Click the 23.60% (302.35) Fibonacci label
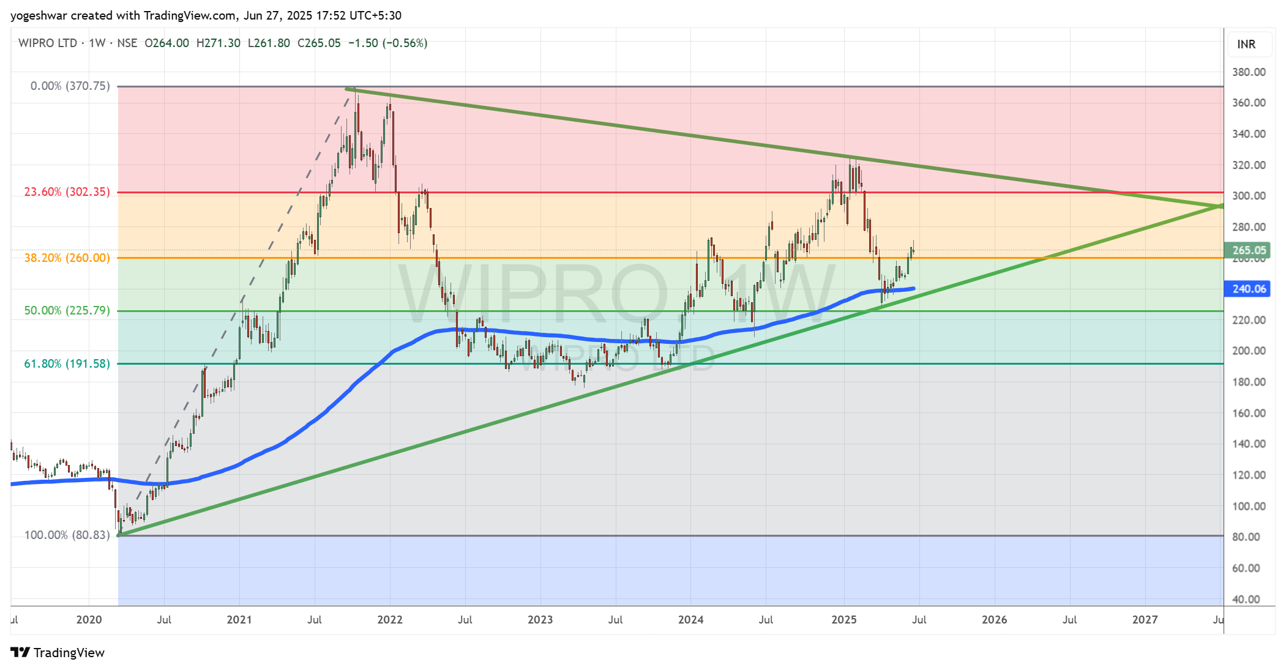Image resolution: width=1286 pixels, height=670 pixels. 67,192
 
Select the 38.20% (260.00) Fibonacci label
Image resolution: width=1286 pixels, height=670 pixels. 67,258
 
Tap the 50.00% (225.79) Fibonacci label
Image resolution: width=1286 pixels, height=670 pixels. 67,311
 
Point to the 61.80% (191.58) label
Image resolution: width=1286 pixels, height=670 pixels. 67,364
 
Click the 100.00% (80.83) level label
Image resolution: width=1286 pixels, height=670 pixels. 67,535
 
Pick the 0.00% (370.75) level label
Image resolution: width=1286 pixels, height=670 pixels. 70,86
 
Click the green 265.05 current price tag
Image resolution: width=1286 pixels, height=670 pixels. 1247,250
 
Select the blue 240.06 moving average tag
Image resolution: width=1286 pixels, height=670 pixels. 1247,289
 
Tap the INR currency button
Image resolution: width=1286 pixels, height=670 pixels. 1246,44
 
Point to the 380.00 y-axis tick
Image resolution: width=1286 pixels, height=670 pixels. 1249,72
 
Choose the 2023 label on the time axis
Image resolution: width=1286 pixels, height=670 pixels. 540,620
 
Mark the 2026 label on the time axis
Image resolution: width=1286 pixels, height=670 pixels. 994,620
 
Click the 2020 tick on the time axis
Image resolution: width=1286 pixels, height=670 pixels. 89,620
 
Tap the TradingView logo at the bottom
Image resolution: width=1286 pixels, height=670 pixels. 58,653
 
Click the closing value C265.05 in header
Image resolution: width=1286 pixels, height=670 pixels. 319,43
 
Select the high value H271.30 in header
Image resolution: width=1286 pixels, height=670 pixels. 219,43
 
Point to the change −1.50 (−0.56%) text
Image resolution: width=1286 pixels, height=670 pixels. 387,43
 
